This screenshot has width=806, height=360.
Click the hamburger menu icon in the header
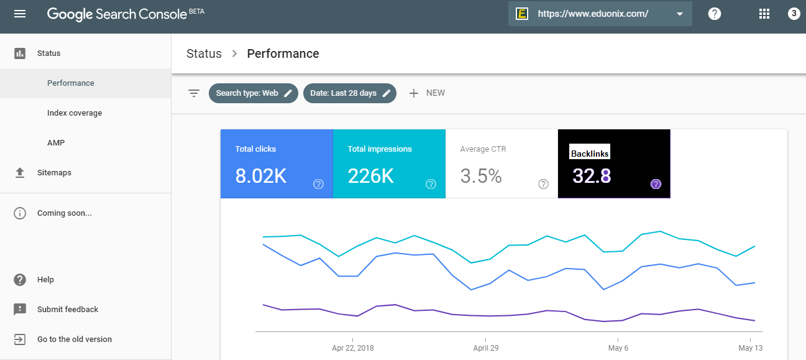pyautogui.click(x=20, y=14)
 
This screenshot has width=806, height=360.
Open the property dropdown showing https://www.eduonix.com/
pyautogui.click(x=600, y=14)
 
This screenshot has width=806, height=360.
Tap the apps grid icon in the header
pyautogui.click(x=764, y=14)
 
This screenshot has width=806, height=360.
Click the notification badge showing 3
pyautogui.click(x=794, y=14)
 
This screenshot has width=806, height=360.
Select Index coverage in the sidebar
pyautogui.click(x=75, y=113)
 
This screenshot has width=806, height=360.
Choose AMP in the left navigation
pyautogui.click(x=56, y=143)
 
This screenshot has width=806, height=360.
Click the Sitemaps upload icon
pyautogui.click(x=20, y=173)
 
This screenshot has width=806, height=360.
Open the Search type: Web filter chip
pyautogui.click(x=254, y=93)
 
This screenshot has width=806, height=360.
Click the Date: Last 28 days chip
pyautogui.click(x=350, y=93)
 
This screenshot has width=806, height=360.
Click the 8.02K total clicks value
pyautogui.click(x=261, y=176)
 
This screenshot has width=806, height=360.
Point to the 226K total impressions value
pyautogui.click(x=370, y=176)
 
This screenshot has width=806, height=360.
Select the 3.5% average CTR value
pyautogui.click(x=481, y=176)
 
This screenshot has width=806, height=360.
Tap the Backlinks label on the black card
pyautogui.click(x=590, y=154)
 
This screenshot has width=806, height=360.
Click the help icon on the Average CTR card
pyautogui.click(x=543, y=184)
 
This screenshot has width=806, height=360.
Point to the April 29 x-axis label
pyautogui.click(x=486, y=348)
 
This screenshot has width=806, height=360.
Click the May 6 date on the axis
pyautogui.click(x=618, y=348)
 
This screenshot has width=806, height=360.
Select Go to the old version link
pyautogui.click(x=75, y=339)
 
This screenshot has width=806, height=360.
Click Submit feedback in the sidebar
pyautogui.click(x=68, y=309)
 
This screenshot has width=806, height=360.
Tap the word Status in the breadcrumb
pyautogui.click(x=204, y=53)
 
